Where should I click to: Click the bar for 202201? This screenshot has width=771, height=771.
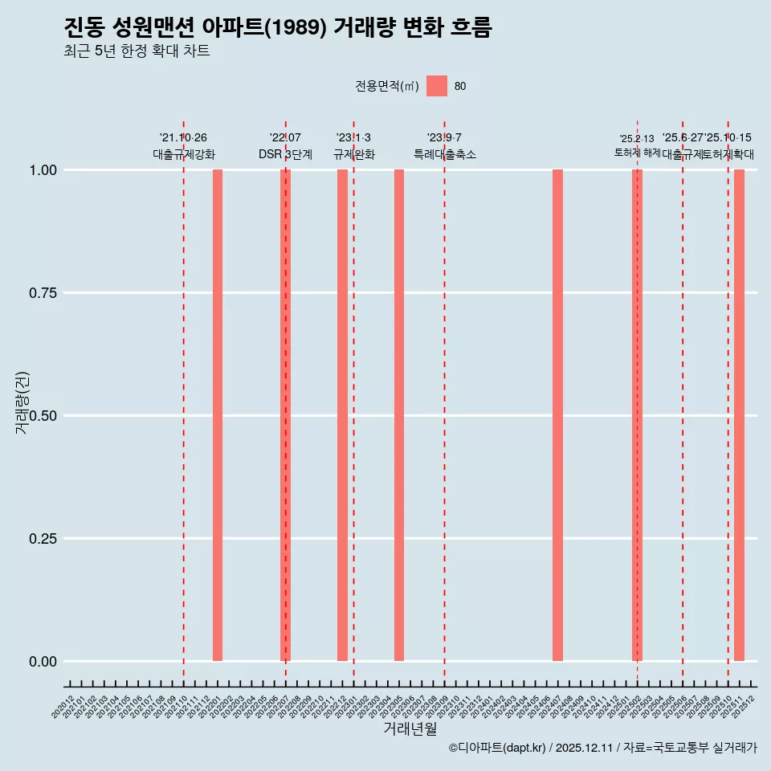coord(218,415)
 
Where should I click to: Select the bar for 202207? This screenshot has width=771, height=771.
coord(285,415)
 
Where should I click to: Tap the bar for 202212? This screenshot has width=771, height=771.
coord(342,415)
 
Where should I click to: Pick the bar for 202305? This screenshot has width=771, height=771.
coord(399,415)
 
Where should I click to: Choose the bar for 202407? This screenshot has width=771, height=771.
coord(557,415)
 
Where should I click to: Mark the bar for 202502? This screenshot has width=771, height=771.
coord(637,415)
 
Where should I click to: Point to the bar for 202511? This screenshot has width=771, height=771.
coord(739,415)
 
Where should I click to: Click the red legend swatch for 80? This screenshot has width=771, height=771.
coord(437,86)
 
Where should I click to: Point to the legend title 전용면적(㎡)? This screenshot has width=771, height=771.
coord(386,86)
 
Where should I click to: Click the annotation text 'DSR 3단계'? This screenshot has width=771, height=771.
coord(285,154)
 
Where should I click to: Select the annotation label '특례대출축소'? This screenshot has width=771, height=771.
coord(445,154)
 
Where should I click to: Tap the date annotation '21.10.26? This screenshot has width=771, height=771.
coord(183,138)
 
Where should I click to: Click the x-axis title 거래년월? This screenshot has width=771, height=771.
coord(410,729)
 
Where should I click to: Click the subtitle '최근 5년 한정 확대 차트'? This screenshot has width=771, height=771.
coord(137,51)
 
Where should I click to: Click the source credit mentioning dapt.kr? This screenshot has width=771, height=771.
coord(602,748)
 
